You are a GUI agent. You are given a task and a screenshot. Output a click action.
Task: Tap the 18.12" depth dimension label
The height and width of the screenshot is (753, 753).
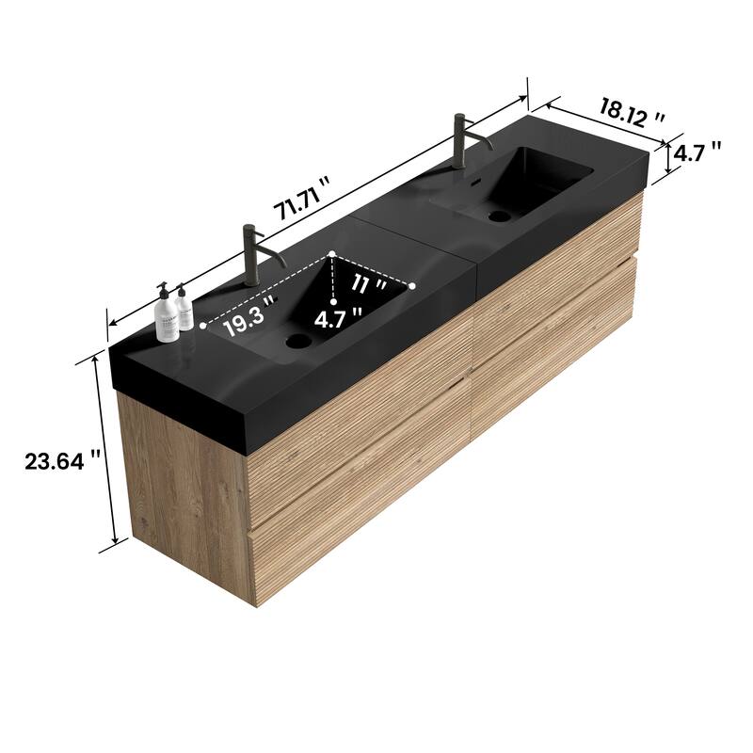pyautogui.click(x=633, y=113)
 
